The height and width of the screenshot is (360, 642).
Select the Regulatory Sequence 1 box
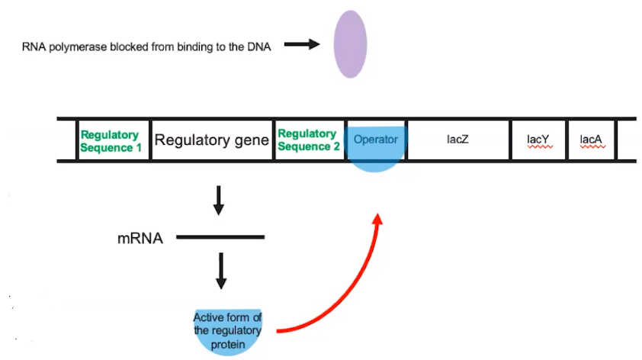coord(112,140)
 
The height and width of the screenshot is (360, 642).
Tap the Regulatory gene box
coord(212,140)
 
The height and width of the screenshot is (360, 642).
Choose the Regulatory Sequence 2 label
coord(309,140)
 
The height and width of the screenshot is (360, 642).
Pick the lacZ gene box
coord(458,140)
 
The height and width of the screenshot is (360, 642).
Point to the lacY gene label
coord(538,140)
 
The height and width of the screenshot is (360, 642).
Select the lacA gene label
coord(591,140)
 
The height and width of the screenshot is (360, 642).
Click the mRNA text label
coord(140,238)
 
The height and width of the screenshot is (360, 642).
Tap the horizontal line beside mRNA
coord(221,238)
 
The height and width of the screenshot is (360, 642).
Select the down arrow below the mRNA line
coord(221,271)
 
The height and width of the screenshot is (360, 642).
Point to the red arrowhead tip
coord(377,215)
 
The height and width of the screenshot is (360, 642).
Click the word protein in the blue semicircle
coord(226,343)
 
